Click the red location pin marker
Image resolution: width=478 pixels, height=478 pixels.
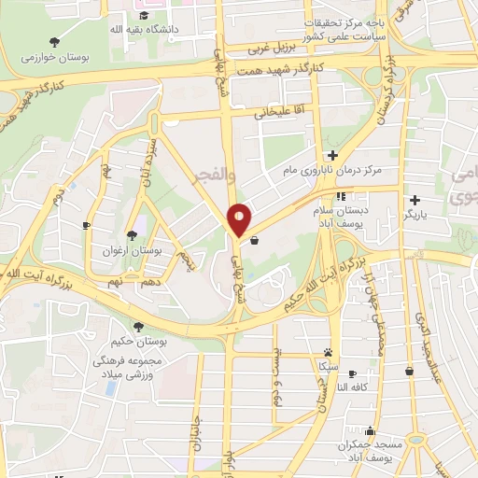tap(240, 218)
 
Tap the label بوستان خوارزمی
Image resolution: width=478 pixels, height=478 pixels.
tap(54, 58)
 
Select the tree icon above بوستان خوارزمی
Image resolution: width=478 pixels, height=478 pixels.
tap(54, 42)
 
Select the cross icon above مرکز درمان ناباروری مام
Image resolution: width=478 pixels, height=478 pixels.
tap(331, 155)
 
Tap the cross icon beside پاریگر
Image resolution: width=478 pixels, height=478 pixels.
tap(415, 199)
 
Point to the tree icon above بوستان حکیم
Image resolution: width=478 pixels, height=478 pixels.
tap(139, 326)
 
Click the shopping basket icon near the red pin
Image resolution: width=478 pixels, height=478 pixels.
tap(254, 240)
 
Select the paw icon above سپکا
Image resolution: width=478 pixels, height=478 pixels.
tap(328, 352)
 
